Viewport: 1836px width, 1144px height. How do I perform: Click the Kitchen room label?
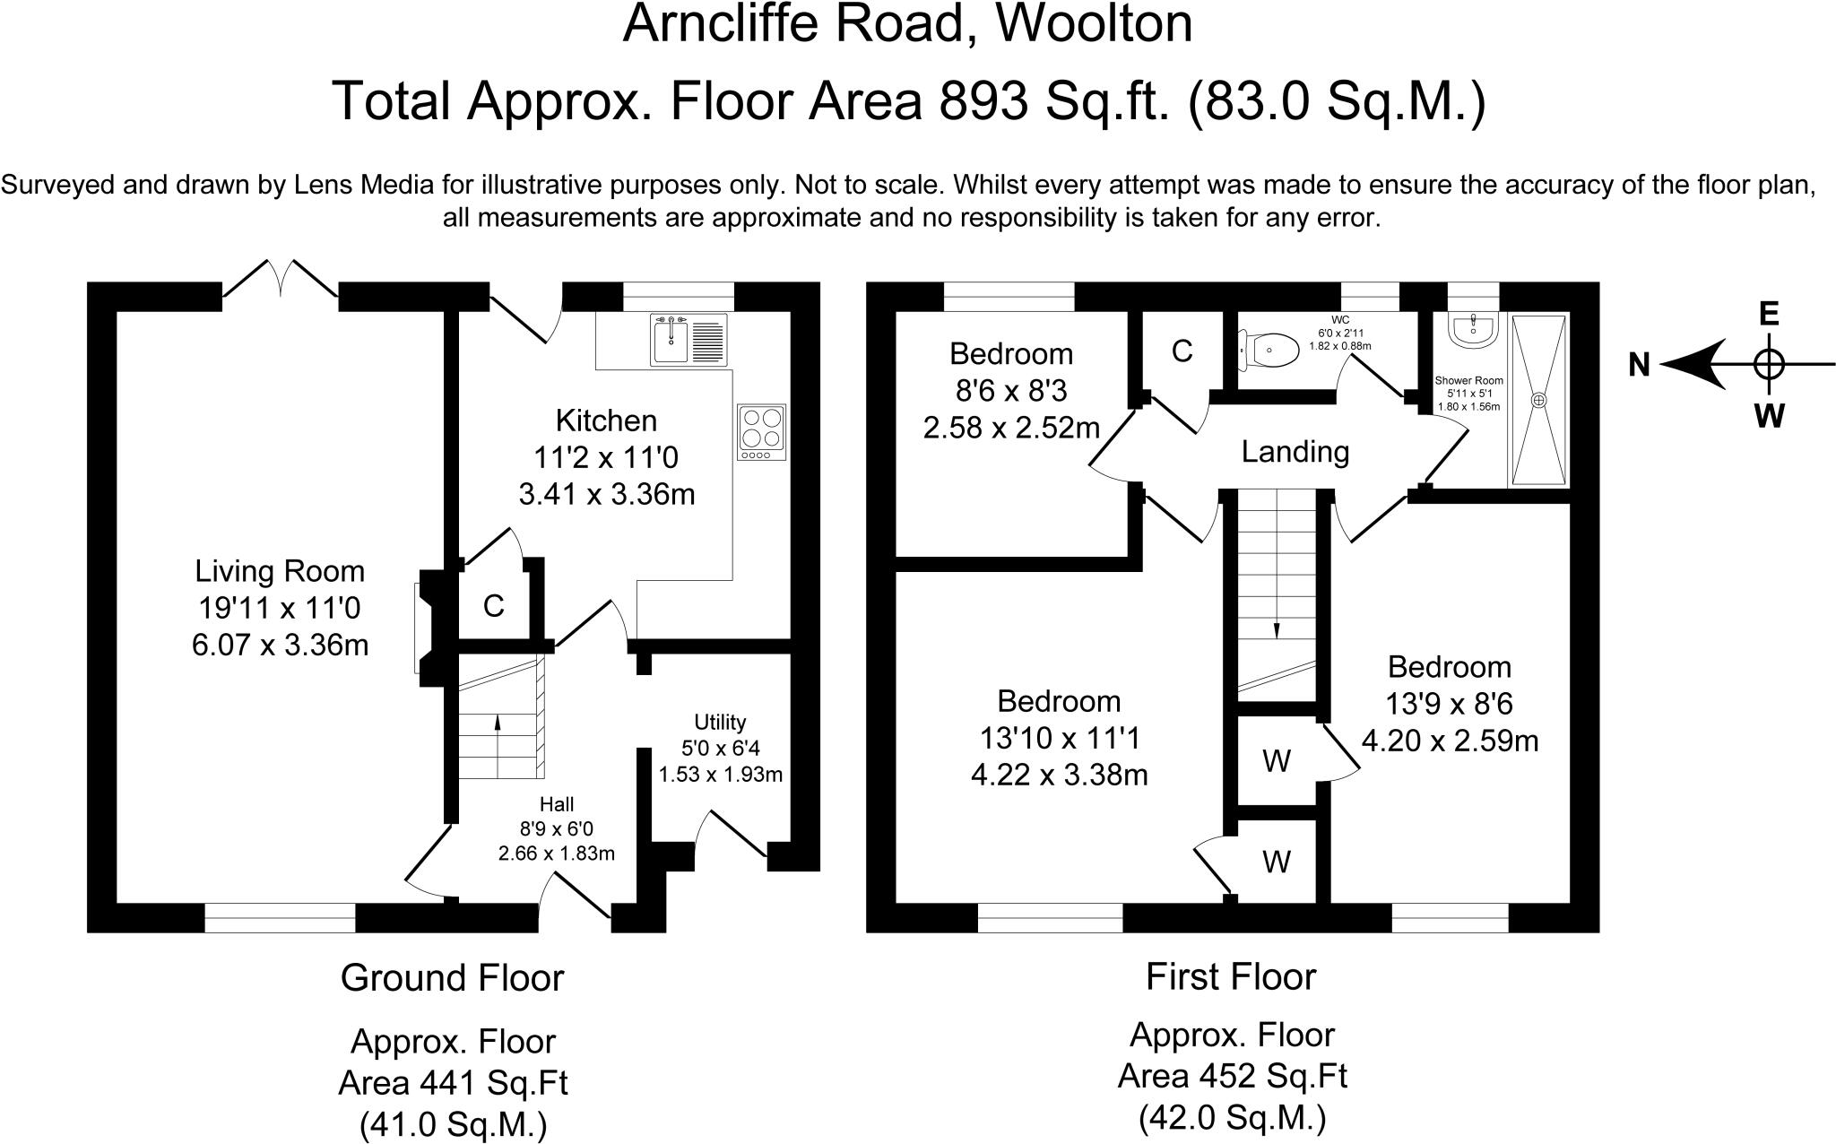[x=606, y=420]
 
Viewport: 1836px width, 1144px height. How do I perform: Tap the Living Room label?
[x=280, y=571]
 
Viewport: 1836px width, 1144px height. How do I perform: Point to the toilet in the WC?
[x=1269, y=350]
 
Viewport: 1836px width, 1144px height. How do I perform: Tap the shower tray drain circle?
[x=1538, y=400]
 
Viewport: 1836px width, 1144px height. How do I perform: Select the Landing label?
[x=1295, y=451]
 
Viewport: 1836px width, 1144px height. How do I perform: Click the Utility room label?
[x=720, y=722]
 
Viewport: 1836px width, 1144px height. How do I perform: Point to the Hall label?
[x=557, y=804]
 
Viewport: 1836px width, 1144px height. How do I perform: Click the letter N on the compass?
[x=1640, y=365]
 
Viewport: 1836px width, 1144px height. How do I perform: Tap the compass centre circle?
[x=1769, y=365]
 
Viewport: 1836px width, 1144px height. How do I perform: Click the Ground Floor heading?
[x=453, y=977]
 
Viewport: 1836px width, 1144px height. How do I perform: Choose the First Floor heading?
[x=1231, y=975]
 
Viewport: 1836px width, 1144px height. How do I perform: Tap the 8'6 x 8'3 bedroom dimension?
[x=1011, y=391]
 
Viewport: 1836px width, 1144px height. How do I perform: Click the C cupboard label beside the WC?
[x=1182, y=351]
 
